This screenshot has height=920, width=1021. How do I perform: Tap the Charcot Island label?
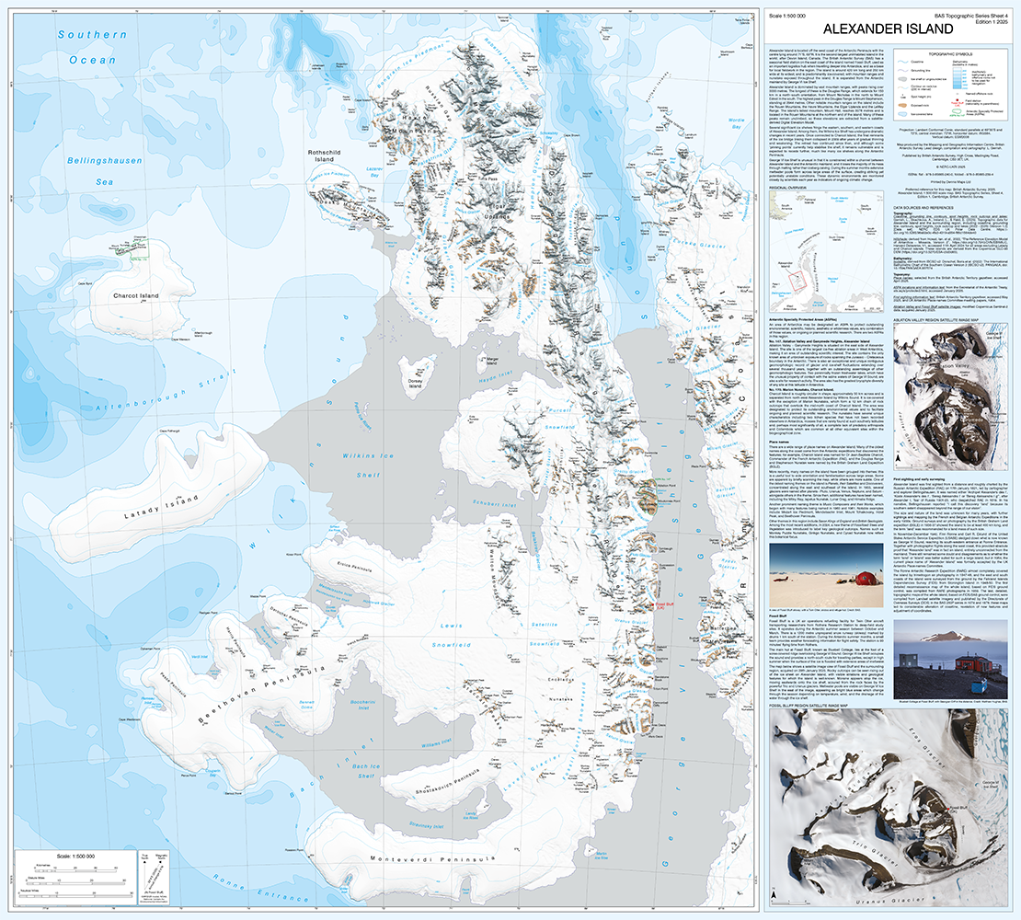click(136, 295)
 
